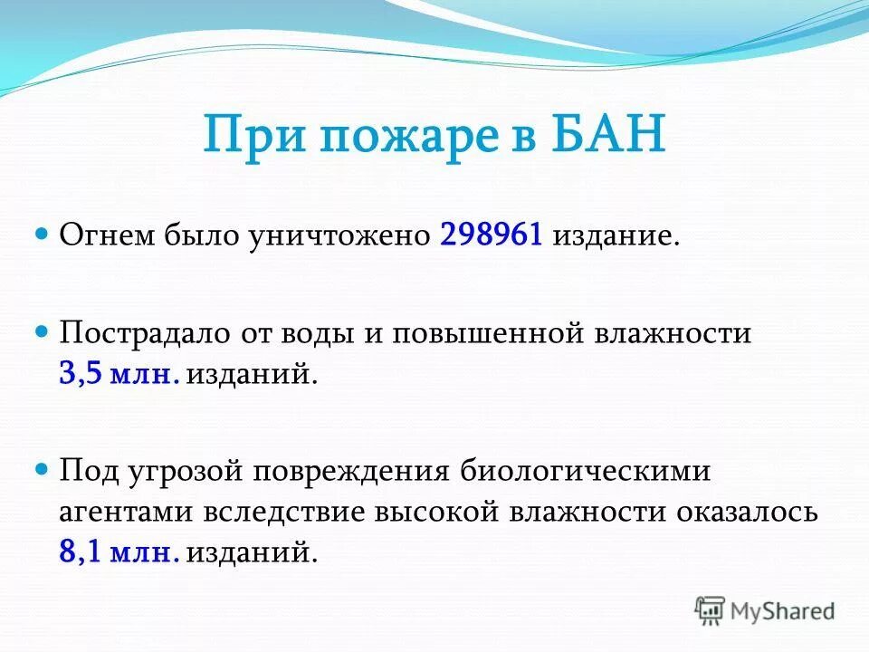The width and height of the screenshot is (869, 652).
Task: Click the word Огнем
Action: (108, 236)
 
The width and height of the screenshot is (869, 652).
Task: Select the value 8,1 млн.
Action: (119, 552)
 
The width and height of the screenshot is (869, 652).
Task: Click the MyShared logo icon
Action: (711, 610)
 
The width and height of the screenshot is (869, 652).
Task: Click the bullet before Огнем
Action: (41, 235)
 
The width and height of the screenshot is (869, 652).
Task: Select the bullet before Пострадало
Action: (41, 332)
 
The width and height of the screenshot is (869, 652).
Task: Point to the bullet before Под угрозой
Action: (41, 471)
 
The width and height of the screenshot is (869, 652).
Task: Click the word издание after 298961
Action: (615, 236)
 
